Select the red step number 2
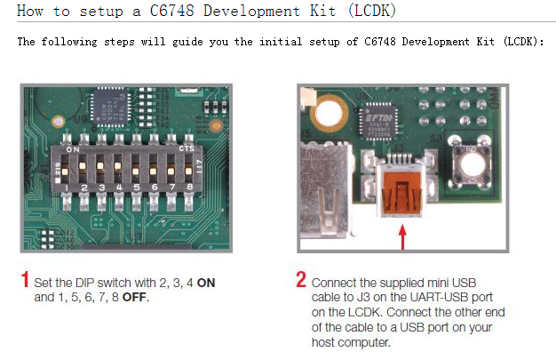coord(301,280)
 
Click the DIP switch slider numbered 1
coord(83,169)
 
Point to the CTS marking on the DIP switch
coord(186,149)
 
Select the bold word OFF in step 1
coord(135,296)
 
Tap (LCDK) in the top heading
coord(368,12)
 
